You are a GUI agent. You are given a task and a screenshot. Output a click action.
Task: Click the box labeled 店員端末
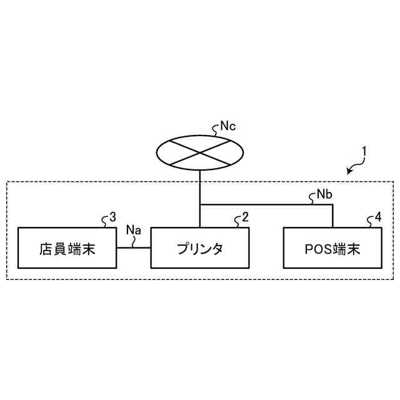click(x=67, y=247)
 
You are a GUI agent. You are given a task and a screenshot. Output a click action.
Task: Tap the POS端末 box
click(x=332, y=247)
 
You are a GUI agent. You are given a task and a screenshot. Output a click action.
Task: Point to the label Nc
click(x=229, y=127)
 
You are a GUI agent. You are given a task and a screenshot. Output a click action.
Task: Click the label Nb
click(x=324, y=194)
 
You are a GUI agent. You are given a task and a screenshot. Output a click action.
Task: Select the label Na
click(x=134, y=230)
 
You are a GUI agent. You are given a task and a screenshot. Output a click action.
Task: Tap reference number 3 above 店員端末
click(x=112, y=217)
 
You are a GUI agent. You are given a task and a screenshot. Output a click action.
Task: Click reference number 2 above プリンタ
click(x=246, y=217)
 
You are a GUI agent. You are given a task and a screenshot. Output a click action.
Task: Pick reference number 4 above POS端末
click(x=378, y=217)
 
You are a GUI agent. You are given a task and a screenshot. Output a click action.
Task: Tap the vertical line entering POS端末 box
click(x=332, y=216)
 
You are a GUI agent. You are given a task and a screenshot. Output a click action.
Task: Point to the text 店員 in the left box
click(x=52, y=248)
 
